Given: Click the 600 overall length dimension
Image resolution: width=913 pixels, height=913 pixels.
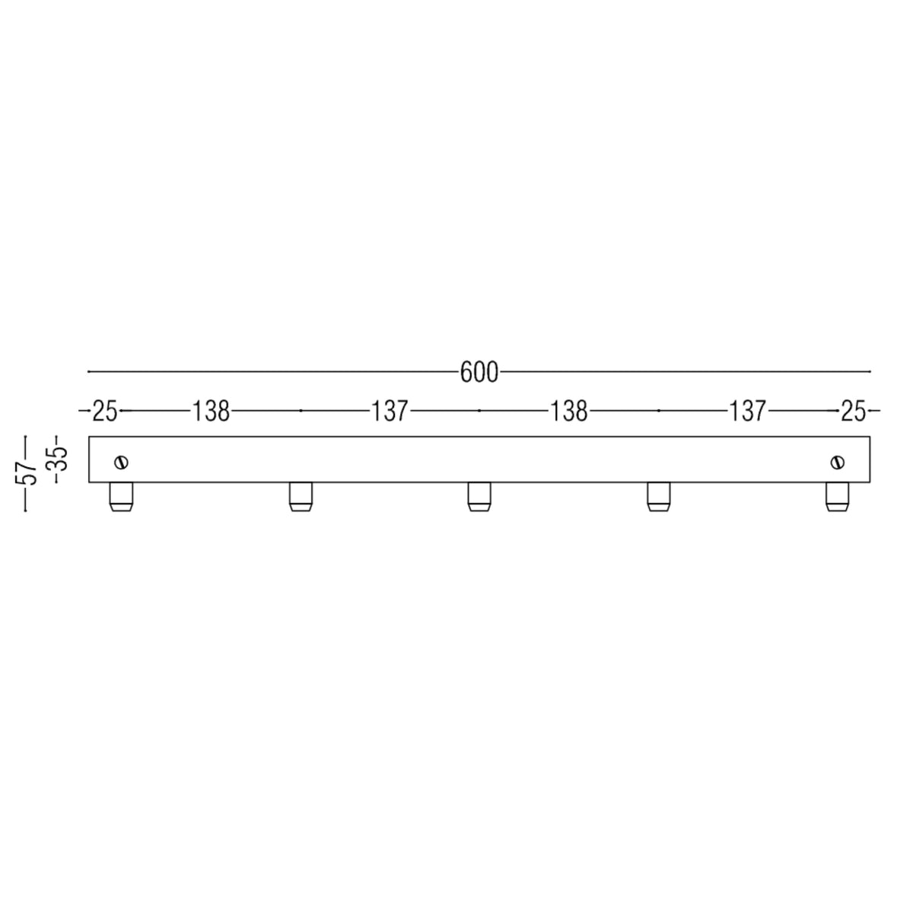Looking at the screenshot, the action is coord(479,372).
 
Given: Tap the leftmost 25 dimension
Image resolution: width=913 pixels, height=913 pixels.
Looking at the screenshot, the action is coord(105,412).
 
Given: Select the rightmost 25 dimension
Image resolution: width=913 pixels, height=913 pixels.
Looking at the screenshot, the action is coord(854,412).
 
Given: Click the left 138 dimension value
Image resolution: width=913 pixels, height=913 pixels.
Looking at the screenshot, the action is coord(211,412).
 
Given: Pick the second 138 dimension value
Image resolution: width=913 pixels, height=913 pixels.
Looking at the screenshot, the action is coord(568,412).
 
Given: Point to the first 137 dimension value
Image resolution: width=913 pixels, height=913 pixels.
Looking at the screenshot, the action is coord(390,412).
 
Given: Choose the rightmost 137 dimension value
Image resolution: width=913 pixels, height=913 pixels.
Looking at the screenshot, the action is coord(747,412).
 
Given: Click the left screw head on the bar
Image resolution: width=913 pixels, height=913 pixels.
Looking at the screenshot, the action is coord(122,462).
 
